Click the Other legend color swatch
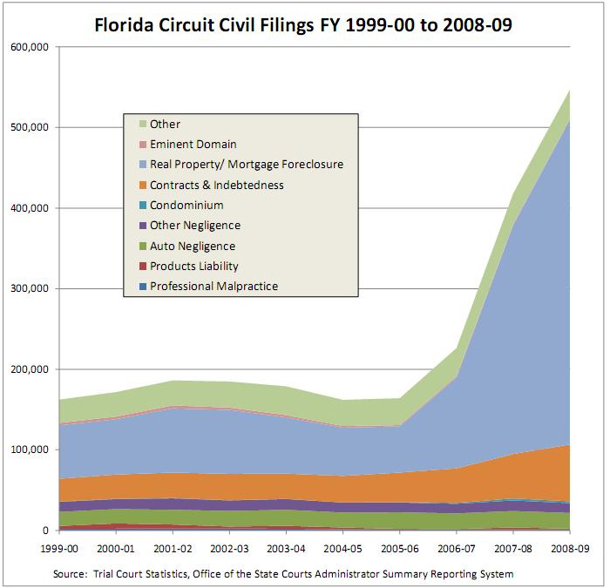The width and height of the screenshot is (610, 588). tap(139, 125)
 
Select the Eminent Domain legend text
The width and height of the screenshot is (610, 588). tap(193, 145)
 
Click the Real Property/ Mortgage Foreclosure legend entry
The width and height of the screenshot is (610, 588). tap(246, 165)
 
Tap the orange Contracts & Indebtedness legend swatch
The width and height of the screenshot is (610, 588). tap(139, 186)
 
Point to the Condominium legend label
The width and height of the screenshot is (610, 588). tap(186, 206)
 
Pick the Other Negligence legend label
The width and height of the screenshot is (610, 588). tap(194, 226)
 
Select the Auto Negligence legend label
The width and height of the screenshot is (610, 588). tap(192, 247)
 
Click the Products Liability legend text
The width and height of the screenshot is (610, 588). tap(193, 267)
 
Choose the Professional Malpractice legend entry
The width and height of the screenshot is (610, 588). tap(213, 287)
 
